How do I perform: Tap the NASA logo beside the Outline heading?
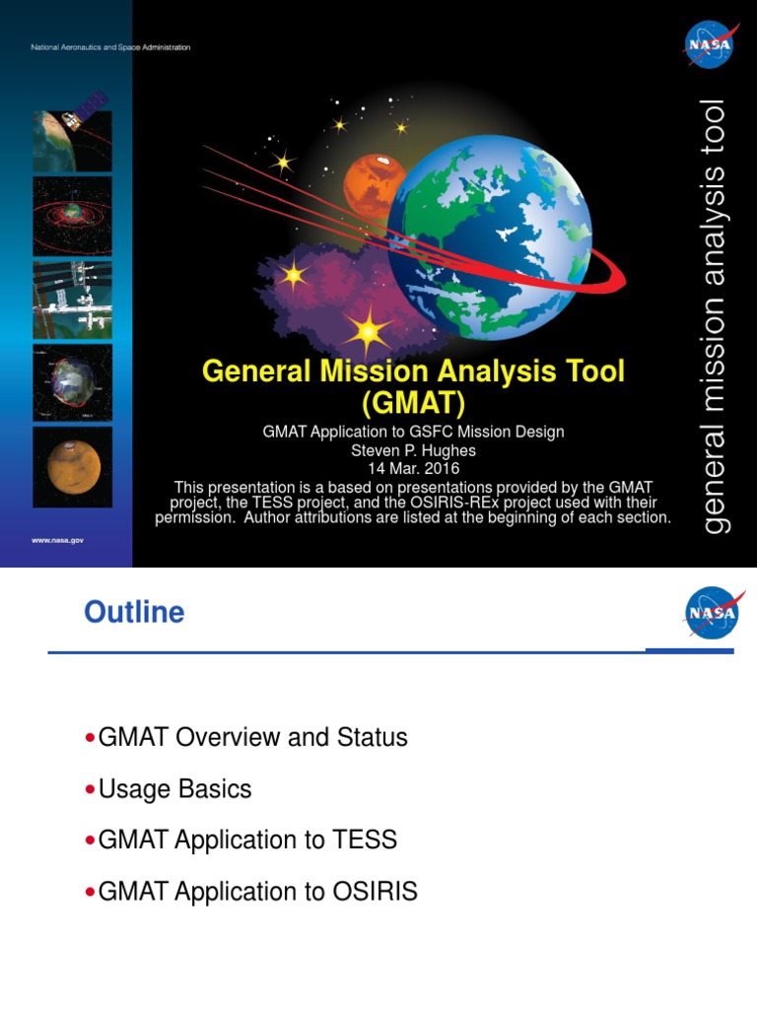click(x=711, y=614)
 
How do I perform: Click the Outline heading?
click(x=134, y=613)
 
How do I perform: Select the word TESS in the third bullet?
click(x=365, y=841)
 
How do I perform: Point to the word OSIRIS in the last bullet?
click(x=375, y=892)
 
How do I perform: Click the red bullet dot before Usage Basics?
click(x=91, y=790)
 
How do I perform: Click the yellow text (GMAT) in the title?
click(x=413, y=404)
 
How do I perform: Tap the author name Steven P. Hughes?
click(x=413, y=450)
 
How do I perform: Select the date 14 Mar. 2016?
click(x=413, y=468)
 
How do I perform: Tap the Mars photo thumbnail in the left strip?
click(x=72, y=466)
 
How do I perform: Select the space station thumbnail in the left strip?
click(x=72, y=299)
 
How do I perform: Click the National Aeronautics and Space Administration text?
click(x=110, y=47)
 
